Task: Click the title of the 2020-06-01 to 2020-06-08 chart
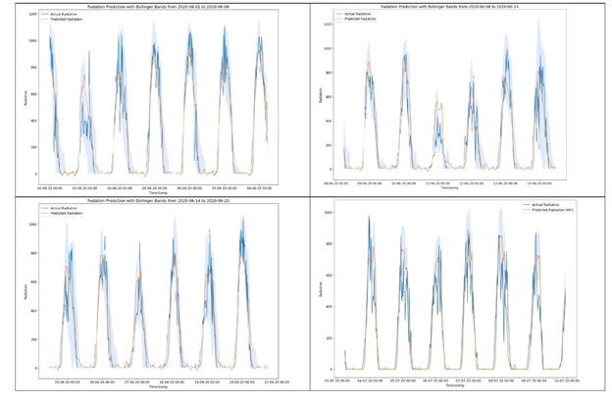coord(152,7)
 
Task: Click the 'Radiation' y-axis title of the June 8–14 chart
coord(319,94)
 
